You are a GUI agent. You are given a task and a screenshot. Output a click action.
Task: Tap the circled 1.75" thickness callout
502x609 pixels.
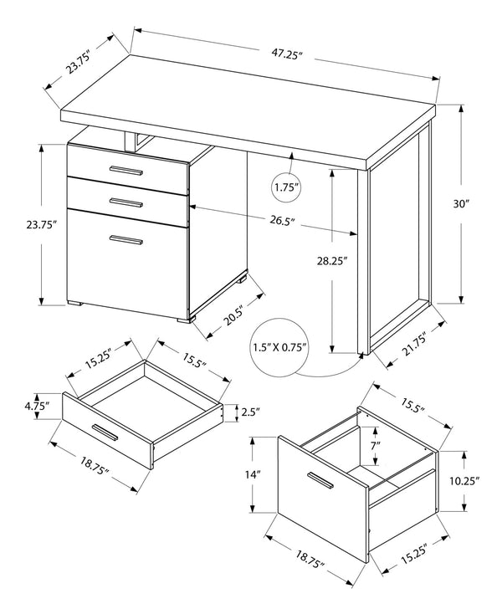tap(288, 188)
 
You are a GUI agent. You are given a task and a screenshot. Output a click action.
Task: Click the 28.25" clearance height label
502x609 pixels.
tap(333, 260)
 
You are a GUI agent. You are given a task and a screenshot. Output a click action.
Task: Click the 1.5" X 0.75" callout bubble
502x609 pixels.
tap(280, 346)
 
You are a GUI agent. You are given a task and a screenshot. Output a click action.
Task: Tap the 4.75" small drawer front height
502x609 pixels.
tap(35, 407)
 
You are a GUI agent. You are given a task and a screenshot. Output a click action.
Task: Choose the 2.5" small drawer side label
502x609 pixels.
tap(250, 411)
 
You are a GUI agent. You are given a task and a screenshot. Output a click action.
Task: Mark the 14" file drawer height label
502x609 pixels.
tap(254, 473)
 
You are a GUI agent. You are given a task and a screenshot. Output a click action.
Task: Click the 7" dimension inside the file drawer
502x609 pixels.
tap(376, 446)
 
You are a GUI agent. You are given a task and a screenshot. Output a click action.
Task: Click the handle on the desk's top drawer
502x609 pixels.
tap(125, 171)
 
